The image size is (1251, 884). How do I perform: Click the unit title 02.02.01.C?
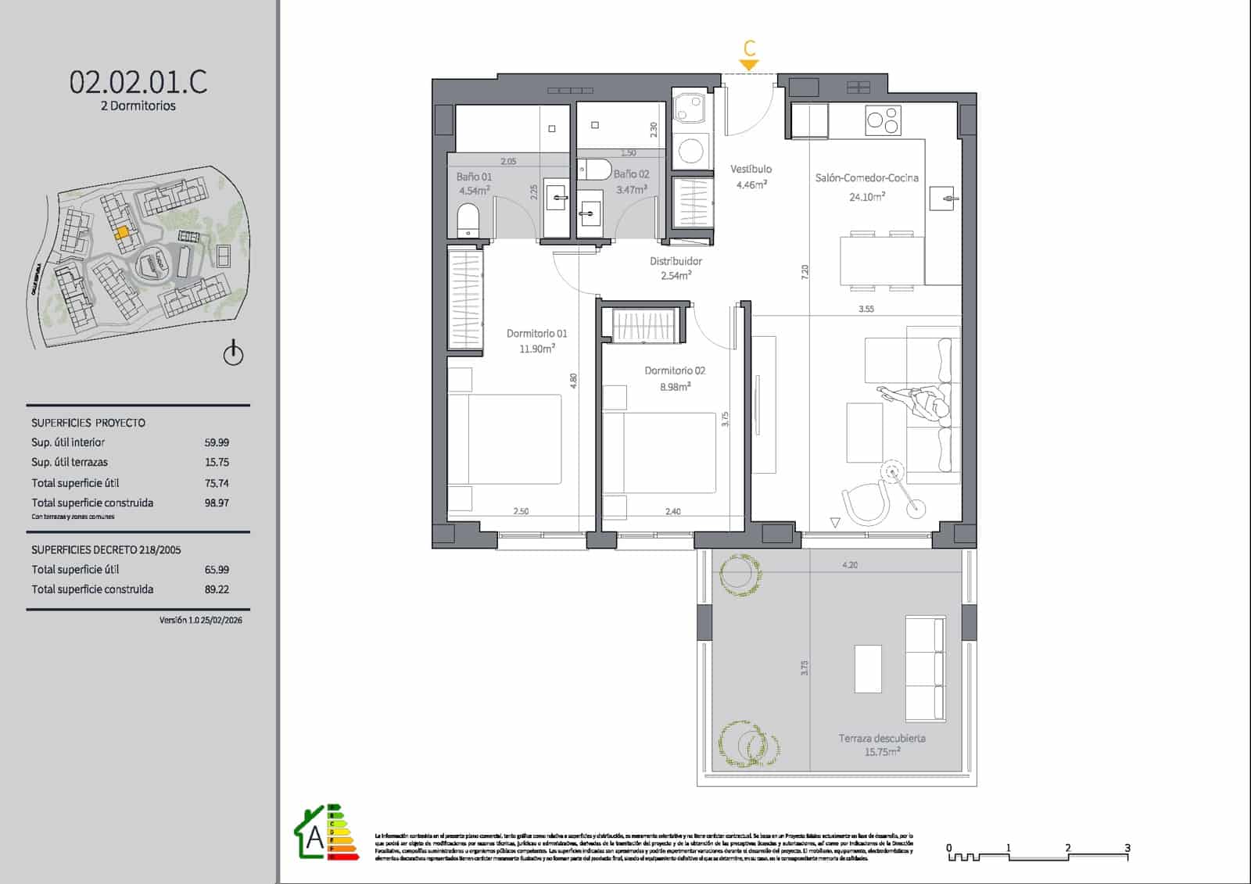tap(138, 81)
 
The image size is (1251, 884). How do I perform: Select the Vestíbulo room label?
tap(751, 169)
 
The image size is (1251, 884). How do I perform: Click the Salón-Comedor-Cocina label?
tap(866, 178)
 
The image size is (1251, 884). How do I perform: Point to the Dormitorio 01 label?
tap(536, 334)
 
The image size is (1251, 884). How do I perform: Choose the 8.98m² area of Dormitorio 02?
tap(674, 387)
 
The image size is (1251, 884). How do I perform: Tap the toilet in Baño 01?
tap(467, 220)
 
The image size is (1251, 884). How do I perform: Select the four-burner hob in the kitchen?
tap(884, 120)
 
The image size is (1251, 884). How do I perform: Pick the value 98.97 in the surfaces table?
tap(217, 503)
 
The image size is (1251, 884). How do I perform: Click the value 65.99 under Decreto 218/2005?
tap(217, 570)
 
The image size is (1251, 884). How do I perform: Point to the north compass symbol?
tap(233, 354)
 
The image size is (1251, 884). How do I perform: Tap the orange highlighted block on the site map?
tap(122, 232)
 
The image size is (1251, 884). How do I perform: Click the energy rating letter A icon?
tap(314, 837)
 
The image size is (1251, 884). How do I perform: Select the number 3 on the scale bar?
tap(1127, 847)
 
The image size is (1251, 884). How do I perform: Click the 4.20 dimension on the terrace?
tap(850, 564)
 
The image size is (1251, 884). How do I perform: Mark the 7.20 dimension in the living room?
tap(805, 272)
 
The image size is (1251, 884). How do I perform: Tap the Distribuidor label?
tap(676, 261)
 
